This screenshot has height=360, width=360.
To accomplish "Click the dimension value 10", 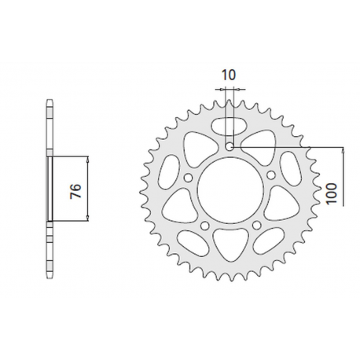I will pos(229,75).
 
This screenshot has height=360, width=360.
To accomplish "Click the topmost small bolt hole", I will pos(230,146).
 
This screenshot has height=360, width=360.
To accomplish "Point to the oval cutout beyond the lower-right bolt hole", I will pos(266,239).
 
